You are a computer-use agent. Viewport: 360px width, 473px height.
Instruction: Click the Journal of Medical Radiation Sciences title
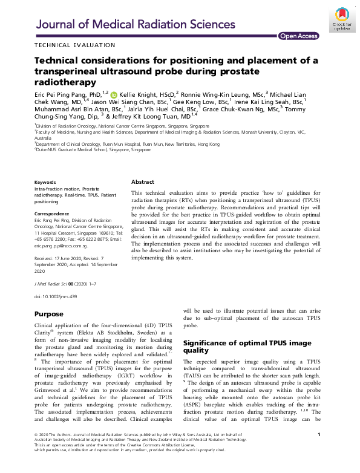pyautogui.click(x=136, y=24)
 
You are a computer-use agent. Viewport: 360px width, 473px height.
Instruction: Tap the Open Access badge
pyautogui.click(x=298, y=36)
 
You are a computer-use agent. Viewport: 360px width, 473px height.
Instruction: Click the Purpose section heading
pyautogui.click(x=48, y=315)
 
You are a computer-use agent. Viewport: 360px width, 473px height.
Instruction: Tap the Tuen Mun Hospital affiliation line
pyautogui.click(x=128, y=144)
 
